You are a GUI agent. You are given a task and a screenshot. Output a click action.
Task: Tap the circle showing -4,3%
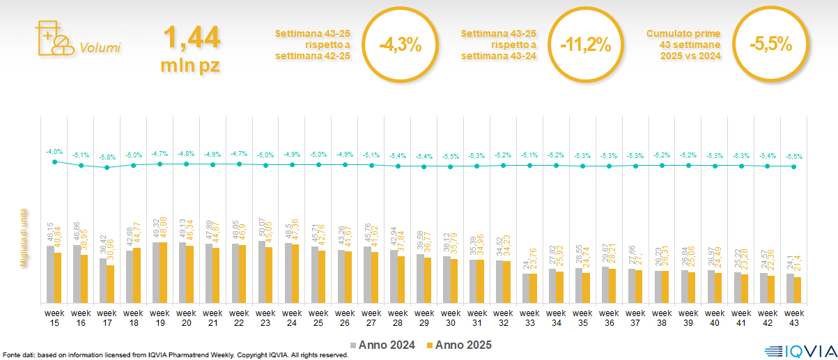[400, 45]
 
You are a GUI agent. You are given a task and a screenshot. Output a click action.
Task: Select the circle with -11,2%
[586, 45]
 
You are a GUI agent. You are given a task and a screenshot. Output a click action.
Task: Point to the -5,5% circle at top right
[771, 44]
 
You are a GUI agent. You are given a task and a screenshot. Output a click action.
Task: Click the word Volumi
[100, 48]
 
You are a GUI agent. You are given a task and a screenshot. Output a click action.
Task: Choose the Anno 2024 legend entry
[386, 345]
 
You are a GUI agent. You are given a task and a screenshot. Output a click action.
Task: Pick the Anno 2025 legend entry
[460, 345]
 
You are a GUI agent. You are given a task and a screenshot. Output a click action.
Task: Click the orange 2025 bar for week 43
[798, 290]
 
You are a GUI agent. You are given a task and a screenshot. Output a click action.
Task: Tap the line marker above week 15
[54, 162]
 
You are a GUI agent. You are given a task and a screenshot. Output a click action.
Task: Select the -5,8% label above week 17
[107, 157]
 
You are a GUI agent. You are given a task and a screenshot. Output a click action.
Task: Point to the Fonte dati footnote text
[174, 355]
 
